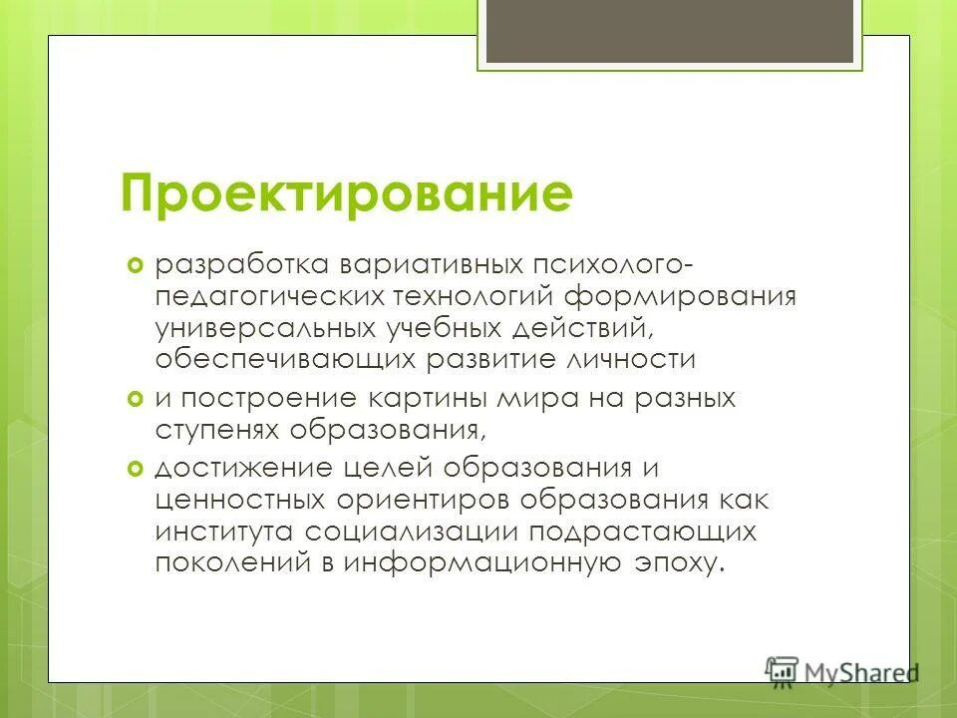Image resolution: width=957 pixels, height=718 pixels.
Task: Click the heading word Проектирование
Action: coord(346,194)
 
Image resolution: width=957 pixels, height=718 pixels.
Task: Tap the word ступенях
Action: coord(217,429)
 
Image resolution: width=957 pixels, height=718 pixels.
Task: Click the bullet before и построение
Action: coord(138,399)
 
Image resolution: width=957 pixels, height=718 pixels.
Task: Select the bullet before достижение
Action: coord(138,468)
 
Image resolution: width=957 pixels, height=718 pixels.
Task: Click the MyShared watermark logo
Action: coord(842,671)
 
